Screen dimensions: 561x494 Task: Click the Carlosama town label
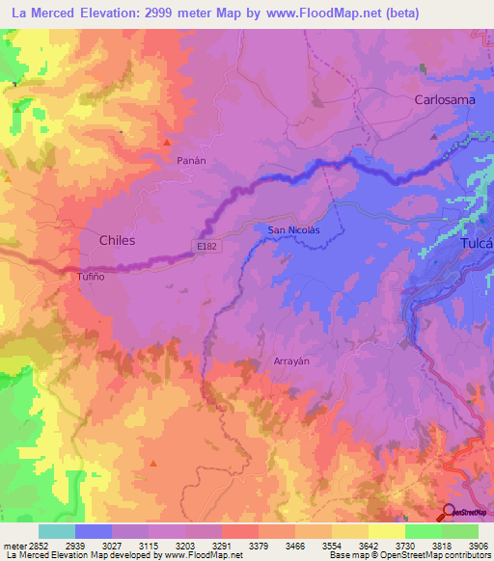(446, 99)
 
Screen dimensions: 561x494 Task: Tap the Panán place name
(165, 162)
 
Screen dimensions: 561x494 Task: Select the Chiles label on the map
(117, 239)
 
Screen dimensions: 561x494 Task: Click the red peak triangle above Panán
(167, 143)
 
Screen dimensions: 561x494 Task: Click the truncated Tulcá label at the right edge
(473, 244)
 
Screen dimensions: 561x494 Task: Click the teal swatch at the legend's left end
(57, 531)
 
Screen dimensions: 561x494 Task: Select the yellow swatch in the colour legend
(386, 531)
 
